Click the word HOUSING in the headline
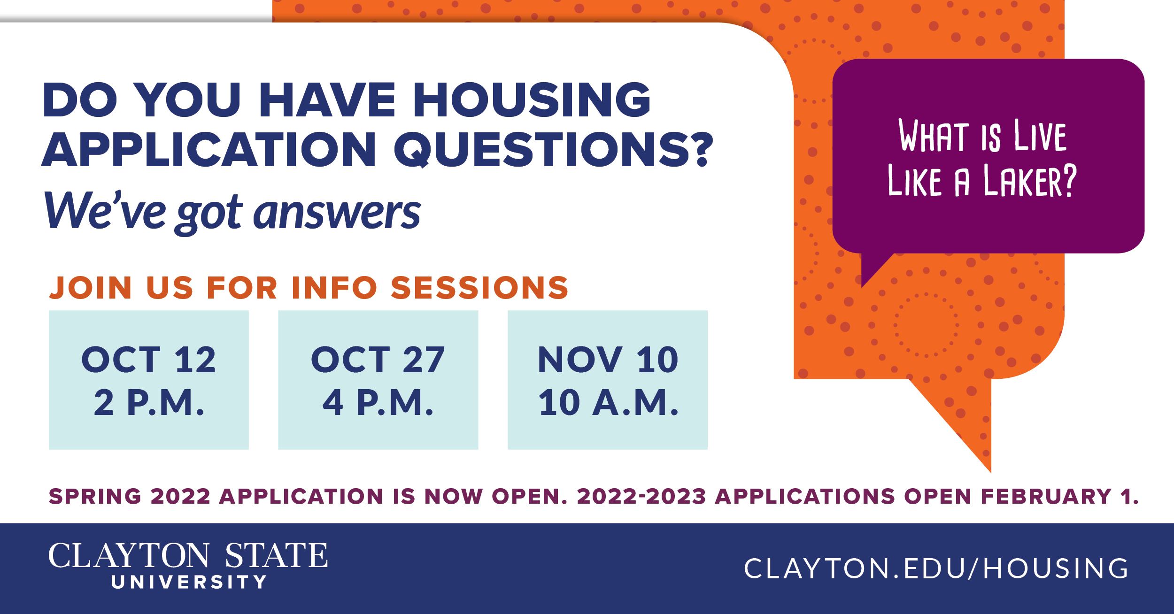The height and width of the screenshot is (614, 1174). point(532,100)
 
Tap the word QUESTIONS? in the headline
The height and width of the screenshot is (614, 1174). point(554,149)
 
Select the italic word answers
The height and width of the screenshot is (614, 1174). point(337,212)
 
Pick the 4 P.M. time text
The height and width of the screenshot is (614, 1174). point(378,403)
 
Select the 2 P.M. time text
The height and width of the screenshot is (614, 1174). point(149,403)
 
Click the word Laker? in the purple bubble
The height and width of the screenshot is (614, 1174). point(1030,181)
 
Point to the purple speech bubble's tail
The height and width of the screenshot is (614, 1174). point(873,268)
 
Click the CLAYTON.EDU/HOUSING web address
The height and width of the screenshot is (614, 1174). point(936,569)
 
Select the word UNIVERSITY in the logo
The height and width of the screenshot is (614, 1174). point(189,582)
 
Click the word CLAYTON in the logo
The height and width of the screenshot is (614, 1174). point(129,556)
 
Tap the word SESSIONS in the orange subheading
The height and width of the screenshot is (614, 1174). point(479,287)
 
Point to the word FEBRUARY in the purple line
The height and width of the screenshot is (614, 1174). point(1046,497)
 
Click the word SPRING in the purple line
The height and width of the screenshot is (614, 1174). point(95,497)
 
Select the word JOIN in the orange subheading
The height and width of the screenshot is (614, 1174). point(91,287)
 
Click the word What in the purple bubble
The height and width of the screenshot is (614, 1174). point(934,135)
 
